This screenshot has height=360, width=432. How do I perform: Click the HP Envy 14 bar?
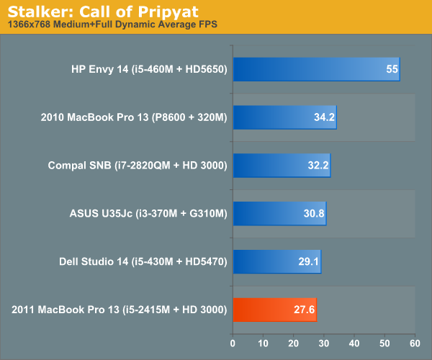pyautogui.click(x=315, y=70)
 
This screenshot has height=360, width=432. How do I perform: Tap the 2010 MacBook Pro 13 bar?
pyautogui.click(x=284, y=117)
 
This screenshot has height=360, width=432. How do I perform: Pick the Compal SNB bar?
pyautogui.click(x=281, y=166)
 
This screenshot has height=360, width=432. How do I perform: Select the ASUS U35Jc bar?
pyautogui.click(x=279, y=214)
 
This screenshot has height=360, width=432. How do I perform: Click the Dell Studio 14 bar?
pyautogui.click(x=276, y=261)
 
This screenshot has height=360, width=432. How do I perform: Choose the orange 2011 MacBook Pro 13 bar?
pyautogui.click(x=274, y=310)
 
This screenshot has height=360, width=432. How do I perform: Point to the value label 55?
pyautogui.click(x=392, y=70)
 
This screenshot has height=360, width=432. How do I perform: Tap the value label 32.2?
pyautogui.click(x=318, y=166)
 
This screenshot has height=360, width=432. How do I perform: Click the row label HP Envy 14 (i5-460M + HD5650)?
pyautogui.click(x=149, y=70)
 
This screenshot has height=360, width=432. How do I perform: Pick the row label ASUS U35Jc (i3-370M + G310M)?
pyautogui.click(x=148, y=214)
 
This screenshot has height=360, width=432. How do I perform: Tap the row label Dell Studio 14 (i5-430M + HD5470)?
pyautogui.click(x=143, y=261)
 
